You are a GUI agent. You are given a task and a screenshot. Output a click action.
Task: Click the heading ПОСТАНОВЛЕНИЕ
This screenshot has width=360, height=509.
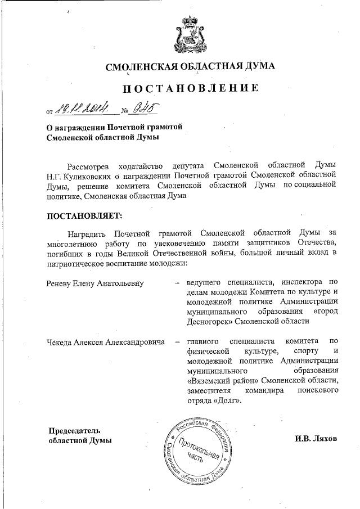pyautogui.click(x=191, y=88)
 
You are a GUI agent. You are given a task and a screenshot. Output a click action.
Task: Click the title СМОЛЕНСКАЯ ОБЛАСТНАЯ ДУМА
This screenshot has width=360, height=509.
pyautogui.click(x=191, y=67)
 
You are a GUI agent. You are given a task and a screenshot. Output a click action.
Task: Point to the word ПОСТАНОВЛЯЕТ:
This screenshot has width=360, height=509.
pyautogui.click(x=83, y=215)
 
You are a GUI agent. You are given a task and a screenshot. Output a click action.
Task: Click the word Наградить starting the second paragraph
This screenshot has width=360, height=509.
pyautogui.click(x=85, y=232)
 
